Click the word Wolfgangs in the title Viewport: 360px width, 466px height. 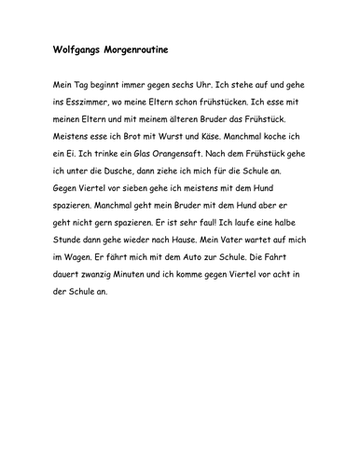[x=76, y=46]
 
